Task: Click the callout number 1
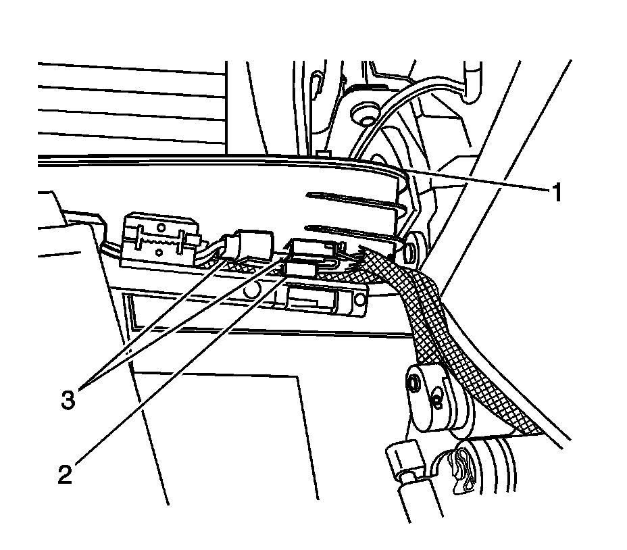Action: (x=555, y=194)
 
